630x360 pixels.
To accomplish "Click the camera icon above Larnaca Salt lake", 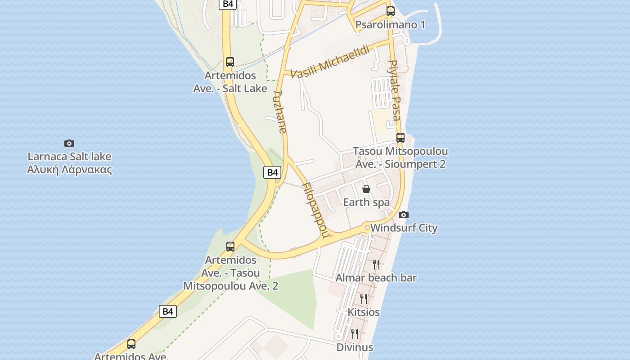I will click(x=69, y=144).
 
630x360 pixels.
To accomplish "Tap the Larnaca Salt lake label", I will click(x=69, y=163).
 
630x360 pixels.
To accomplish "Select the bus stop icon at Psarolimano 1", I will click(x=391, y=12).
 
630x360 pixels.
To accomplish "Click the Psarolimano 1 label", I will click(x=390, y=24).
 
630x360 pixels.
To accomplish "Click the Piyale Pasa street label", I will click(x=394, y=90).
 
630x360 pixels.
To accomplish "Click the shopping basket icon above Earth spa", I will click(x=366, y=189).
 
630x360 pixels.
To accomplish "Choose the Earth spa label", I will click(x=366, y=202).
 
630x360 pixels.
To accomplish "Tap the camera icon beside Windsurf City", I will click(x=404, y=215).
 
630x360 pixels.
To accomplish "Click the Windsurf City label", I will click(x=404, y=228).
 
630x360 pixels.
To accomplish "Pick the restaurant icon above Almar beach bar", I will click(x=376, y=264).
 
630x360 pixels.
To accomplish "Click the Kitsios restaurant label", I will click(x=364, y=312).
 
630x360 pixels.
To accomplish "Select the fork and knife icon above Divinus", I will click(x=355, y=333).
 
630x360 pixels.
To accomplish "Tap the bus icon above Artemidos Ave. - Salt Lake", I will click(x=230, y=62).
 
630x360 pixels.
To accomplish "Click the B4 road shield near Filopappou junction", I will click(x=272, y=172).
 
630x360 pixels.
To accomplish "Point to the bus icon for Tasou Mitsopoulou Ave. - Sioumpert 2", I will click(x=400, y=138).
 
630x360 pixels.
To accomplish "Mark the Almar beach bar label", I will click(x=376, y=278).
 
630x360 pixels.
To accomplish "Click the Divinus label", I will click(x=355, y=347).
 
